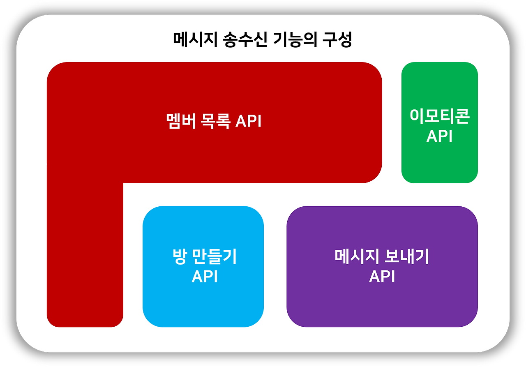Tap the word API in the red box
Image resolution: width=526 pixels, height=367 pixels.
pos(248,122)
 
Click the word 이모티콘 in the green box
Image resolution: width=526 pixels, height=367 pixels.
pos(439,117)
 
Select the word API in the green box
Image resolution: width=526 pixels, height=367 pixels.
pos(439,136)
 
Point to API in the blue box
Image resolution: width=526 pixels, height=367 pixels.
pos(204,277)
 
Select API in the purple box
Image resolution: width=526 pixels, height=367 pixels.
pos(382,277)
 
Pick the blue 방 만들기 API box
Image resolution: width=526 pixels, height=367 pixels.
pos(203,304)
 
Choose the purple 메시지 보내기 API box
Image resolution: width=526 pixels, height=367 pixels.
pos(382,304)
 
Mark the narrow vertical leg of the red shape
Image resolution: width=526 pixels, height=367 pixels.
pos(85,255)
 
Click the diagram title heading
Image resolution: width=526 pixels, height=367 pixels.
pos(262,40)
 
